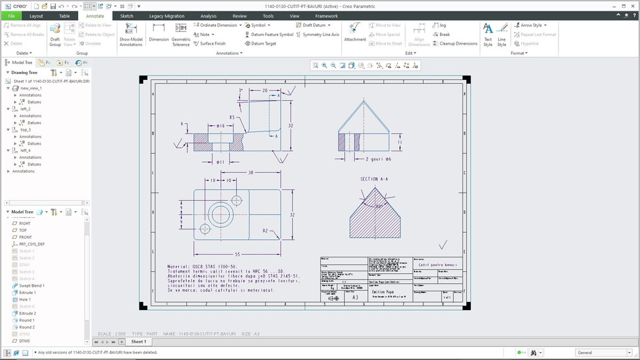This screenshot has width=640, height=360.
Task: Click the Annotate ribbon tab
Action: pyautogui.click(x=95, y=15)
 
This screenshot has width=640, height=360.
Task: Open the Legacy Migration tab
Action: pyautogui.click(x=167, y=15)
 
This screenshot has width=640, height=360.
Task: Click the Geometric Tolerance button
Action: pyautogui.click(x=181, y=33)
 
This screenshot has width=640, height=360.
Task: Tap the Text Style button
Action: pyautogui.click(x=488, y=34)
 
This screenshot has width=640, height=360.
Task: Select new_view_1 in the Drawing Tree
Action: pyautogui.click(x=31, y=88)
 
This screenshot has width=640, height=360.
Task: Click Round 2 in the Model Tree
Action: pyautogui.click(x=27, y=327)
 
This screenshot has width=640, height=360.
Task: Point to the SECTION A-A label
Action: pyautogui.click(x=374, y=179)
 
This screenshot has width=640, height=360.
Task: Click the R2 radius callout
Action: pyautogui.click(x=265, y=231)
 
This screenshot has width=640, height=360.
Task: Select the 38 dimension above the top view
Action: pyautogui.click(x=250, y=173)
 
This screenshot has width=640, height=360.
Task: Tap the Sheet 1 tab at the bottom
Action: pyautogui.click(x=138, y=341)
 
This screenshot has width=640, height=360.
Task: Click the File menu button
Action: pyautogui.click(x=11, y=15)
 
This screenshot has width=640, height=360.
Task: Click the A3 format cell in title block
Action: pyautogui.click(x=355, y=297)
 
